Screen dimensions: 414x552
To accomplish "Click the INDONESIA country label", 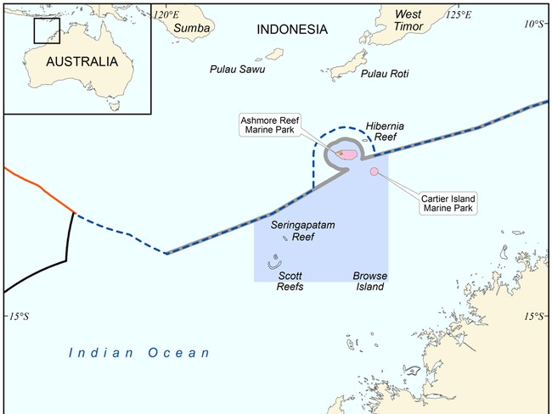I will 291,29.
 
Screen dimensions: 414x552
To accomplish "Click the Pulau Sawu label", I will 237,68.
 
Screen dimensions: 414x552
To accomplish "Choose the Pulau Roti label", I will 385,74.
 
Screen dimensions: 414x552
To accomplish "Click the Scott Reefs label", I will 290,281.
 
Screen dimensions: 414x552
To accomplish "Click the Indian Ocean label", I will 139,352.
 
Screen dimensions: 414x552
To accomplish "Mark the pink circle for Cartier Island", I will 374,172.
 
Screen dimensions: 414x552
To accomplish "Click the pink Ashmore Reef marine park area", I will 346,154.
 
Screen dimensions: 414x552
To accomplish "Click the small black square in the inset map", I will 47,30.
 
